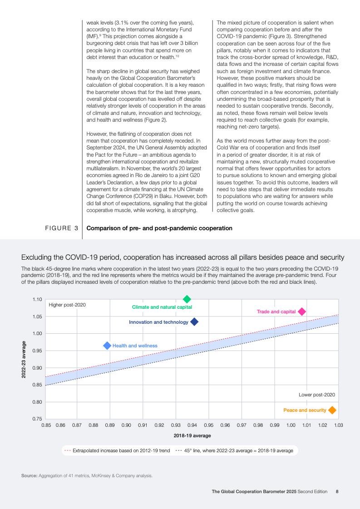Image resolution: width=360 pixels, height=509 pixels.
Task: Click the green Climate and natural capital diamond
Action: click(x=187, y=299)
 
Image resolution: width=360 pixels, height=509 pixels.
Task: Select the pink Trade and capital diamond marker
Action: click(x=301, y=311)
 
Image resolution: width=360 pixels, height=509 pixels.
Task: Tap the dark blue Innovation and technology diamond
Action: click(x=194, y=322)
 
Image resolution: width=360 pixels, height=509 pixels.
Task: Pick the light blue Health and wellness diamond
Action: click(x=107, y=346)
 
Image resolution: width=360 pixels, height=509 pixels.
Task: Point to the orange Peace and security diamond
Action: click(x=332, y=410)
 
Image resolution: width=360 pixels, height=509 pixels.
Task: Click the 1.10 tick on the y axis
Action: click(x=37, y=300)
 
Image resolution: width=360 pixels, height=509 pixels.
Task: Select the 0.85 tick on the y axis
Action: click(x=37, y=385)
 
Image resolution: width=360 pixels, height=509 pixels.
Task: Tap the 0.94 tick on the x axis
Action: click(x=192, y=425)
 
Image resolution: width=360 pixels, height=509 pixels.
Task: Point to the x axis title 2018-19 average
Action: click(x=192, y=436)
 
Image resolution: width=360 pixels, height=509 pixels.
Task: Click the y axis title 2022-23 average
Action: click(x=24, y=359)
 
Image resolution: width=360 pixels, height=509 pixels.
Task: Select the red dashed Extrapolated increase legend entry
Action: click(x=117, y=451)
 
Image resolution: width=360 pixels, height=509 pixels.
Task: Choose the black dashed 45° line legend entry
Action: click(x=234, y=451)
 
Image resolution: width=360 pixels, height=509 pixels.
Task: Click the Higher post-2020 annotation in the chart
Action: click(x=67, y=305)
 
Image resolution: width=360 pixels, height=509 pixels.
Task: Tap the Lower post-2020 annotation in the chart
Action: click(x=317, y=395)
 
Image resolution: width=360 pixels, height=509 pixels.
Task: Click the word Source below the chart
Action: click(x=29, y=476)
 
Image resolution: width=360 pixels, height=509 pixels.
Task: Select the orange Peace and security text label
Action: click(x=305, y=410)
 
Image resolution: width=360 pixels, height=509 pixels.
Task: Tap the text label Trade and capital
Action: click(x=276, y=311)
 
